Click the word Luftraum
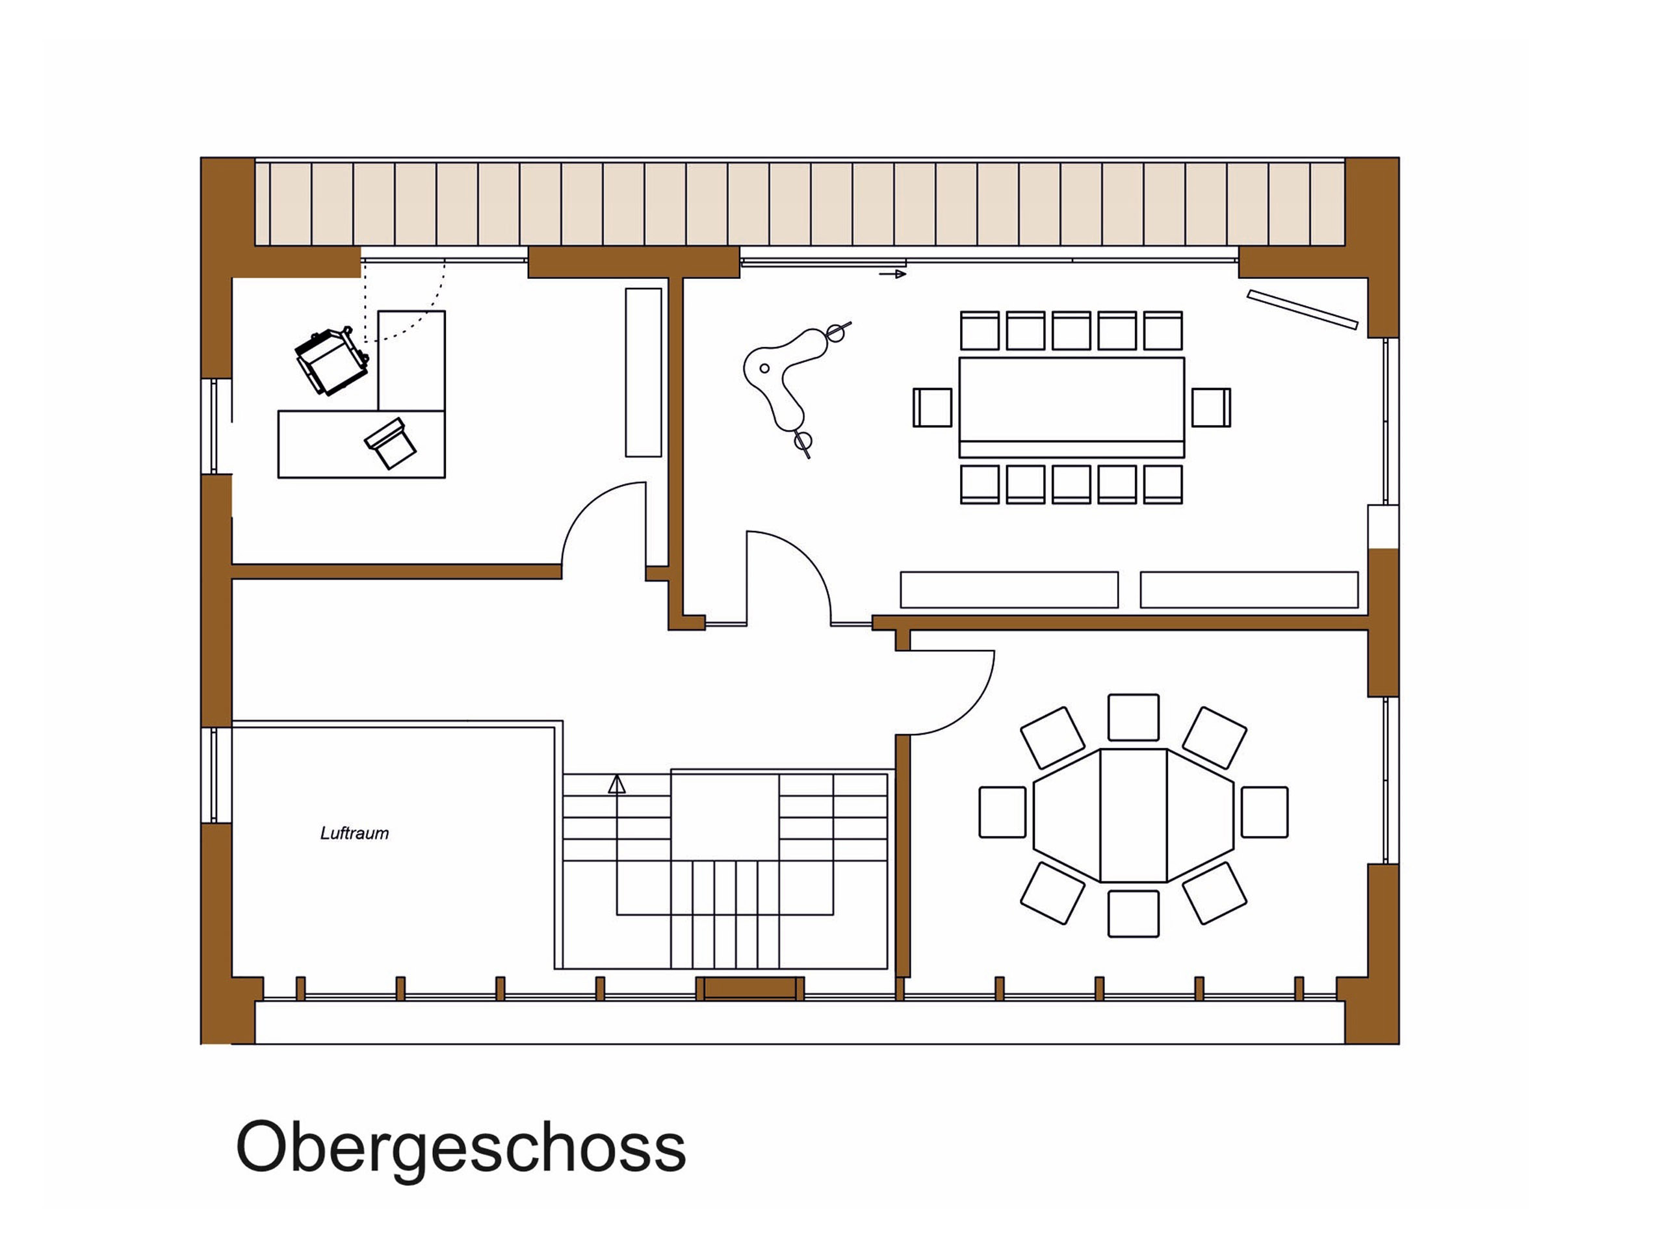(x=354, y=833)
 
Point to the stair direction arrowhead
(x=617, y=785)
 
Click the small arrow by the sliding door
(x=892, y=274)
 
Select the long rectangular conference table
(x=1071, y=408)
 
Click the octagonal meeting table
(x=1134, y=816)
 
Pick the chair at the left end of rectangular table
(x=933, y=408)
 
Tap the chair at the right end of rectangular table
(x=1211, y=408)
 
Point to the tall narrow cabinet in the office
(x=644, y=372)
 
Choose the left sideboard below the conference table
(x=1009, y=590)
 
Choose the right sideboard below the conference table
(x=1249, y=590)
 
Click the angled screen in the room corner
(x=1303, y=309)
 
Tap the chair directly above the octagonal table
(x=1134, y=718)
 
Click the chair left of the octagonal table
(x=1003, y=812)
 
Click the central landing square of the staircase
(x=725, y=818)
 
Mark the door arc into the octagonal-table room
(x=970, y=711)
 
